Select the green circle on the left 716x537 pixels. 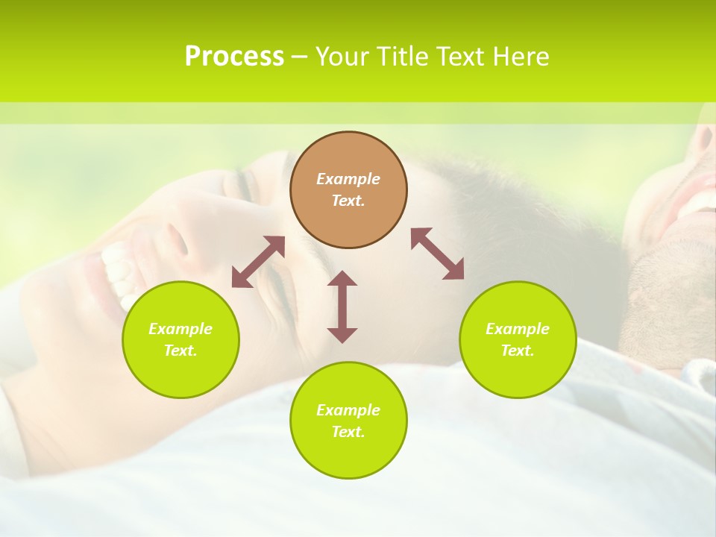tap(180, 339)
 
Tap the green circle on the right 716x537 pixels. tap(518, 339)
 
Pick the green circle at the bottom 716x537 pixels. tap(348, 421)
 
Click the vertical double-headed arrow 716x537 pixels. tap(342, 307)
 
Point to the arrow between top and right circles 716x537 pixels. tap(437, 254)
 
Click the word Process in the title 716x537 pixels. tap(234, 57)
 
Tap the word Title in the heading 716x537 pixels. tap(401, 57)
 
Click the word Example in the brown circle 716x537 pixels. tap(348, 179)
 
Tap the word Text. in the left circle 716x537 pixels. tap(180, 351)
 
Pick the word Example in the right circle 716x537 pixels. tap(518, 329)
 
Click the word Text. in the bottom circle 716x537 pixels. tap(348, 432)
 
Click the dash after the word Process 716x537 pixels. tap(300, 57)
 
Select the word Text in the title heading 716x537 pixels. tap(457, 57)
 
